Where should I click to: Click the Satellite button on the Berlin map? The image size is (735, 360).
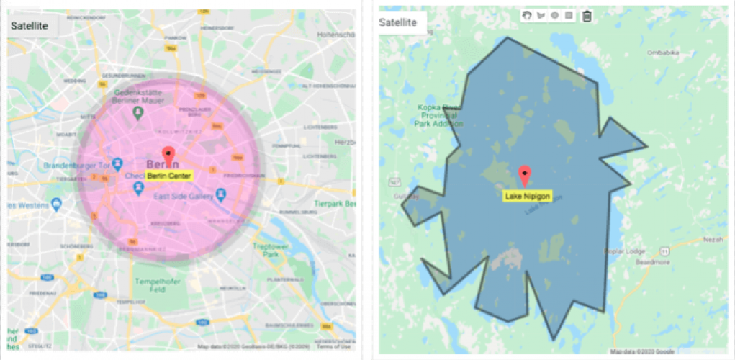[30, 26]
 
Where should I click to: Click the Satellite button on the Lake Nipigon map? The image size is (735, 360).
[398, 22]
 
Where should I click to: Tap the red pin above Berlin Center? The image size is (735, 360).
[168, 155]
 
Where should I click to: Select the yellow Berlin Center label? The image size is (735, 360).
[168, 175]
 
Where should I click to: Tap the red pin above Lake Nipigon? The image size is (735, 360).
[526, 175]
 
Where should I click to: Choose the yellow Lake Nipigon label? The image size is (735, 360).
[526, 195]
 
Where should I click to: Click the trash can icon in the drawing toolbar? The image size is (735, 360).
[587, 16]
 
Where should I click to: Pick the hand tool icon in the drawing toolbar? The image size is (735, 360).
[527, 15]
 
